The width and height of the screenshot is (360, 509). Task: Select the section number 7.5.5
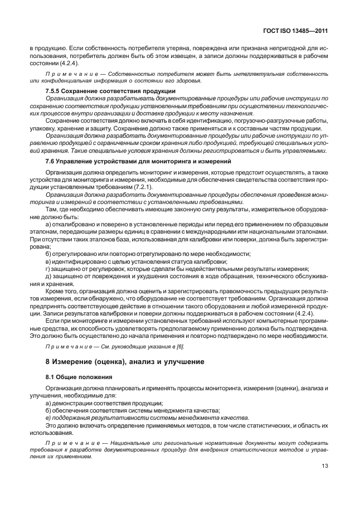(53, 91)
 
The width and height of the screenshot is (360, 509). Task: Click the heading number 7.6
(50, 161)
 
